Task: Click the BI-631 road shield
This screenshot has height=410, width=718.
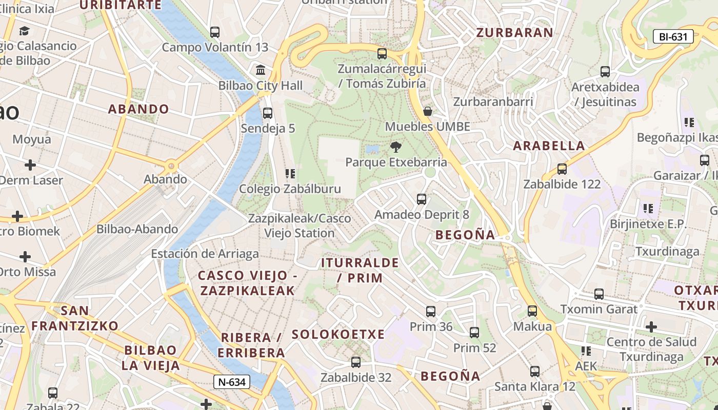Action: [x=673, y=36]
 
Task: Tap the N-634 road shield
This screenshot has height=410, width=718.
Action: [x=232, y=382]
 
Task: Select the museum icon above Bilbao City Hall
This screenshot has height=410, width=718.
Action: [x=261, y=70]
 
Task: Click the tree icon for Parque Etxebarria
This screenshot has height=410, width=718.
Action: [x=395, y=148]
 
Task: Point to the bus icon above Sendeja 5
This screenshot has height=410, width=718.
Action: [x=267, y=113]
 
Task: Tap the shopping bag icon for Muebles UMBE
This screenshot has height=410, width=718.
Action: [x=428, y=111]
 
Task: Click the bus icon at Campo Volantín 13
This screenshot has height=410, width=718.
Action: [x=215, y=32]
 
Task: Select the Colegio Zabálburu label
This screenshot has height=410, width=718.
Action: [x=290, y=189]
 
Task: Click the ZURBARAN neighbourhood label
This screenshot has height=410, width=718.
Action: [x=515, y=33]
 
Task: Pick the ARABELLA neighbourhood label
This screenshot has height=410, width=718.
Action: [x=549, y=146]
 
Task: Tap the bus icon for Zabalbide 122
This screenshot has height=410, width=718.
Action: [x=562, y=169]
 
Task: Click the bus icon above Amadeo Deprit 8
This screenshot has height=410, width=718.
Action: [x=422, y=199]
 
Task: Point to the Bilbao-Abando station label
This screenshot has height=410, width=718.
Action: [x=137, y=229]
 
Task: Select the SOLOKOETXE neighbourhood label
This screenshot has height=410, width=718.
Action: [x=338, y=335]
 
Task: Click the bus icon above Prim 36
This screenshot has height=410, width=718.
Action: [x=431, y=311]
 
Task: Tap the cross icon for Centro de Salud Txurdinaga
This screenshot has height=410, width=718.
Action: [x=651, y=326]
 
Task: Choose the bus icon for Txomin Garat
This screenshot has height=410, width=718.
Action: [x=599, y=294]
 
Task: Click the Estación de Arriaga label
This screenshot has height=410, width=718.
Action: [x=205, y=254]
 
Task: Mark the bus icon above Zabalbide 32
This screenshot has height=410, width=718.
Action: [x=356, y=362]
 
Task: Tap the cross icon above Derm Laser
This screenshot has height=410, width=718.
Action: [x=30, y=165]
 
